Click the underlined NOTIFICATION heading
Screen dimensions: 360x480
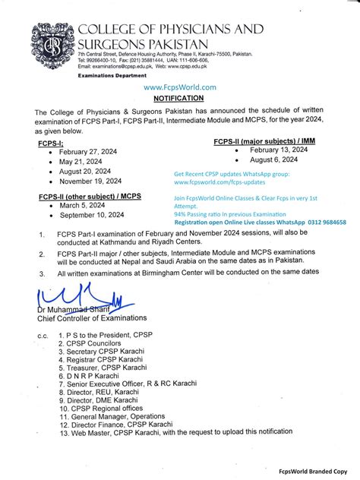click(178, 98)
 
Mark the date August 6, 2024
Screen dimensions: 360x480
click(270, 160)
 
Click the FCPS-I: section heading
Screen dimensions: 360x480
click(52, 141)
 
